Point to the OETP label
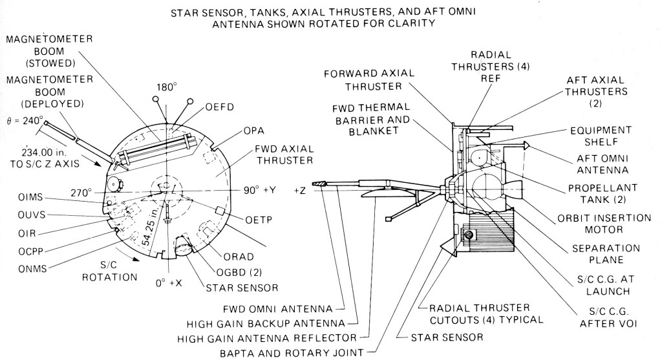257,220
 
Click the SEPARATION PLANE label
600,254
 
